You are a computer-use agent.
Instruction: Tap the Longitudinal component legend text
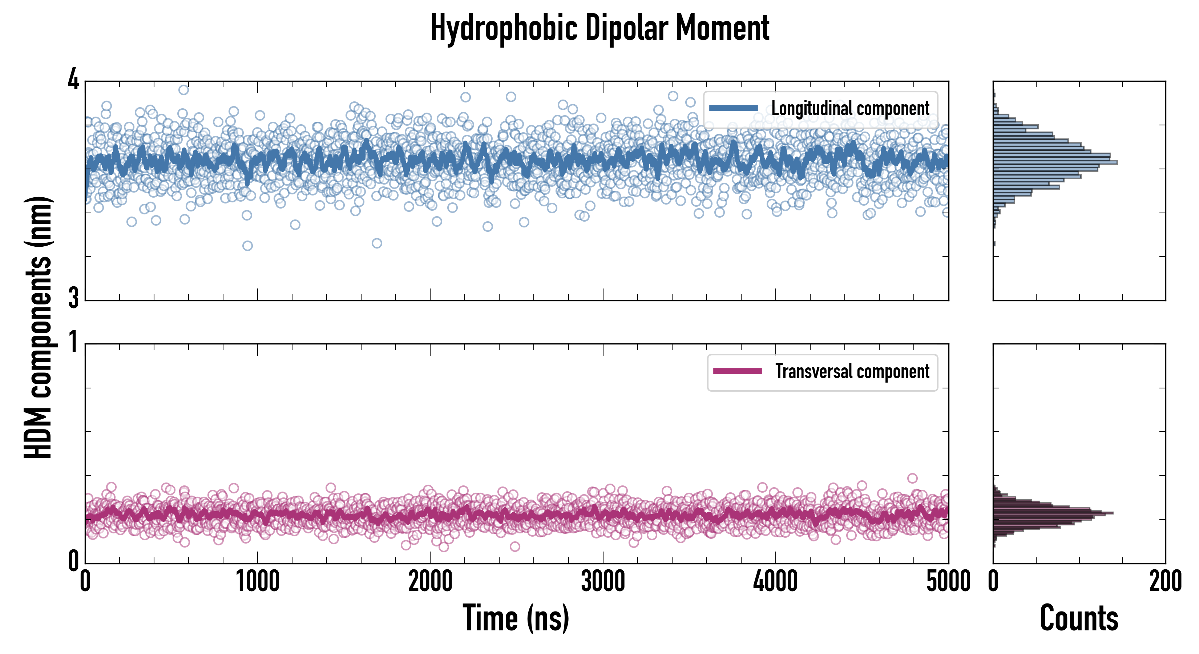click(850, 109)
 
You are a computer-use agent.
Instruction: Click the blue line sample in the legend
click(733, 109)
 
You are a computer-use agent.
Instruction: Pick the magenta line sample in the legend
click(737, 371)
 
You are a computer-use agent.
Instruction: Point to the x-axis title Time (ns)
click(516, 618)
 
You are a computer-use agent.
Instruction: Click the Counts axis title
click(1079, 618)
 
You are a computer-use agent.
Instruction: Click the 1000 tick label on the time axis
click(257, 581)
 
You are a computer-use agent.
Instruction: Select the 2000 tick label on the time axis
click(430, 581)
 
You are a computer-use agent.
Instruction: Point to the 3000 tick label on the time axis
click(603, 581)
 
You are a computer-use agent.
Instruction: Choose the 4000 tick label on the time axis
click(775, 581)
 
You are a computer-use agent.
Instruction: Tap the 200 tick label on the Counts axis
click(1165, 581)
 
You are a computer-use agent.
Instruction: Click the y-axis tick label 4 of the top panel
click(73, 80)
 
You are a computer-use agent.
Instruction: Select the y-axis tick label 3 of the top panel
click(73, 298)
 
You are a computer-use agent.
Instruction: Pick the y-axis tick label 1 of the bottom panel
click(73, 343)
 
